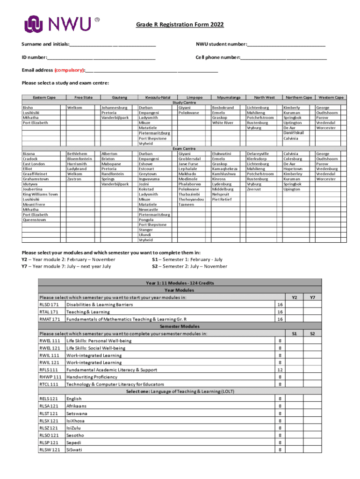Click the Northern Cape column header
(x=299, y=97)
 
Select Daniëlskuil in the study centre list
(x=294, y=133)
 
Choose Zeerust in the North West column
(x=254, y=189)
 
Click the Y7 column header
(x=312, y=297)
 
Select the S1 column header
(x=294, y=334)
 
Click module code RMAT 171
(x=50, y=319)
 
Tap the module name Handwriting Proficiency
(x=92, y=377)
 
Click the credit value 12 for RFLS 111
(x=280, y=370)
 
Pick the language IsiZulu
(x=75, y=428)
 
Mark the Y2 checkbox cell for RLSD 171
(x=294, y=305)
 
